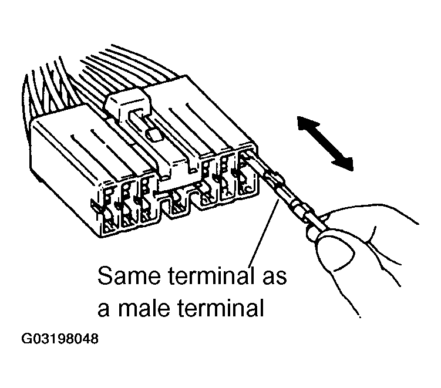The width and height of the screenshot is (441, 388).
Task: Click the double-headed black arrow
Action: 325,142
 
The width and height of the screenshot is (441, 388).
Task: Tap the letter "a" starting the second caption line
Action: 103,309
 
